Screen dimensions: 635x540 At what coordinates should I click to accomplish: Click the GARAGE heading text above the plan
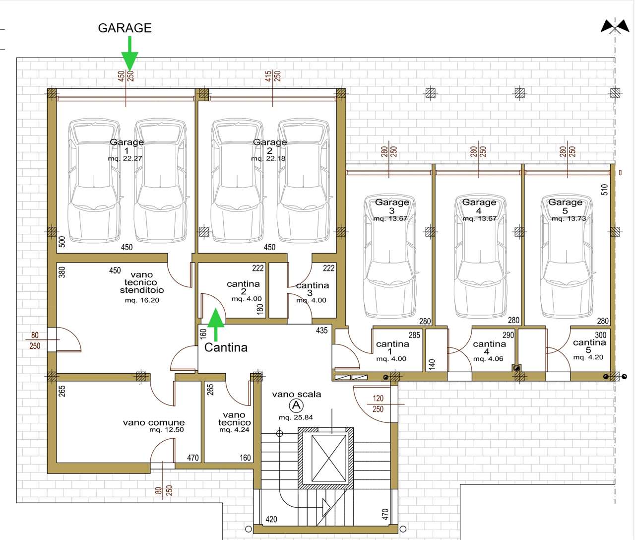(125, 28)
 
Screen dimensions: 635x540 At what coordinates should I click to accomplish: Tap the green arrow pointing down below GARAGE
(129, 54)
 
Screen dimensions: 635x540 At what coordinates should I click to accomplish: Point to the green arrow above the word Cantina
(216, 325)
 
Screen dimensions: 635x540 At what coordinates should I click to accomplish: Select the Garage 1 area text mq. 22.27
(125, 159)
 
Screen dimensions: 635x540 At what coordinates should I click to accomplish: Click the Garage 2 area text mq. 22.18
(268, 159)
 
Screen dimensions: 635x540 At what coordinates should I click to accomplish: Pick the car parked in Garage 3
(390, 256)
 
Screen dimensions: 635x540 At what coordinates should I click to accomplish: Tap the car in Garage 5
(567, 256)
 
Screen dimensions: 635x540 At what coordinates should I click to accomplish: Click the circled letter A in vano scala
(296, 405)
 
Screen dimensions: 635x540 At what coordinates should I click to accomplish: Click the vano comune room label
(154, 422)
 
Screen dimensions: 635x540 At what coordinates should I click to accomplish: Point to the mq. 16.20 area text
(142, 300)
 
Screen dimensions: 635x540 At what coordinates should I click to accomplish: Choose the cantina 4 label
(489, 347)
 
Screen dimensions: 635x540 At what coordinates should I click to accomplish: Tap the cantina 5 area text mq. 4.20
(588, 357)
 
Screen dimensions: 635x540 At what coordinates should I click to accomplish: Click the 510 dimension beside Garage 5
(604, 190)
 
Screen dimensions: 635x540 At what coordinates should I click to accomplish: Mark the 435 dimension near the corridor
(321, 331)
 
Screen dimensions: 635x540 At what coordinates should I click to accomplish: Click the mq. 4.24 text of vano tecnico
(234, 430)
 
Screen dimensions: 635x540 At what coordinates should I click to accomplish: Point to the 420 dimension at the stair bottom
(271, 520)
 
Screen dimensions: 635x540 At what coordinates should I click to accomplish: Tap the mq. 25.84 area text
(296, 417)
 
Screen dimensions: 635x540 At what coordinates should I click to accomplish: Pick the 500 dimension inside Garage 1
(62, 242)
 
